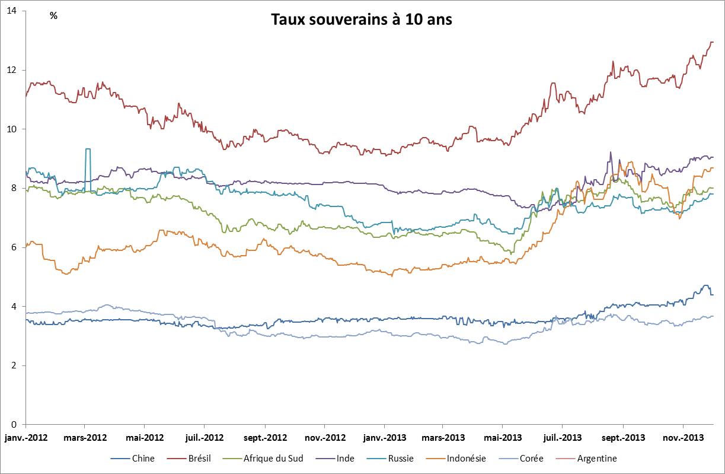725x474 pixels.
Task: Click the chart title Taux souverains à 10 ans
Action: coord(362,20)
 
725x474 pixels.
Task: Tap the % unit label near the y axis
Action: coord(54,16)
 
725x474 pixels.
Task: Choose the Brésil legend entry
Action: coord(199,458)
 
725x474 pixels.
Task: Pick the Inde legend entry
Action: coord(346,458)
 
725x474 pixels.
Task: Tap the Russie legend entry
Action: coord(401,458)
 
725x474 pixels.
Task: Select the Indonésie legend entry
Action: coord(465,458)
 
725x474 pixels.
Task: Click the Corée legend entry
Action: coord(531,458)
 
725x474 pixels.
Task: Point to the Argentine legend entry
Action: coord(596,458)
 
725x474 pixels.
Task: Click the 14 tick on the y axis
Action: coord(12,11)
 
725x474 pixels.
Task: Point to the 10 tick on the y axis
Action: coord(12,129)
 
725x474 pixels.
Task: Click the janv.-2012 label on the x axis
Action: coord(27,438)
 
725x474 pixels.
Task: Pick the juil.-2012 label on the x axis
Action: coord(205,438)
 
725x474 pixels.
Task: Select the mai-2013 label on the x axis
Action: coord(503,438)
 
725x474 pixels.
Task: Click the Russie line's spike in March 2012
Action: coord(88,149)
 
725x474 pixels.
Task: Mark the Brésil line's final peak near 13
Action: coord(711,42)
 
